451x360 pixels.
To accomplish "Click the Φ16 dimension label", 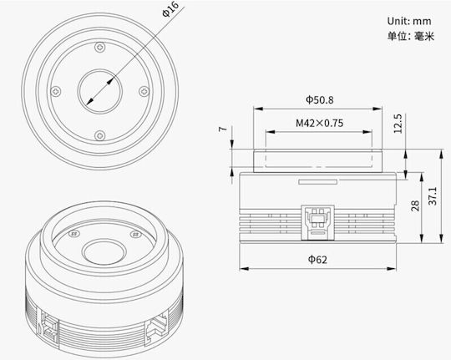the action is coord(170,9).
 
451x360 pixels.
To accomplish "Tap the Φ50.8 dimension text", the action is coord(320,100).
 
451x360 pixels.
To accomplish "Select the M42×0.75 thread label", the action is coord(320,123).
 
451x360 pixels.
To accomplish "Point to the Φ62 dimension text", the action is coord(317,260).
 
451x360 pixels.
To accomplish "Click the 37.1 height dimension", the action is coord(433,196).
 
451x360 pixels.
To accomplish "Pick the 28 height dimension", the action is coord(415,205).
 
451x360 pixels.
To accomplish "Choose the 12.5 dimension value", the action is coord(398,124).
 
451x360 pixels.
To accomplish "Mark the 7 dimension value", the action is coord(223,129).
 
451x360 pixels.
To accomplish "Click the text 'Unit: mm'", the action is coord(409,21).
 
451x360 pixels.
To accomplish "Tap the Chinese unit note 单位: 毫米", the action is coord(410,36).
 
